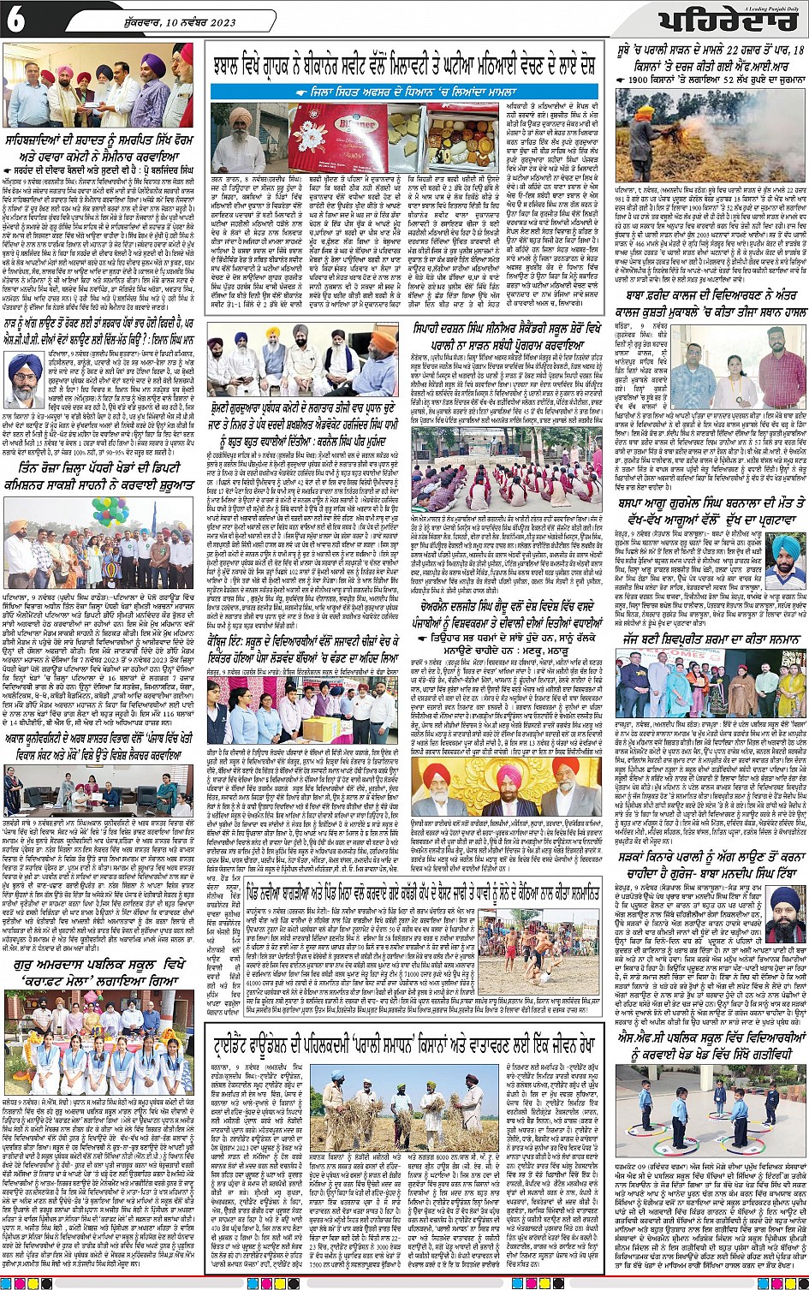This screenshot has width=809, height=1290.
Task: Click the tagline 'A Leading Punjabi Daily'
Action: click(775, 8)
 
